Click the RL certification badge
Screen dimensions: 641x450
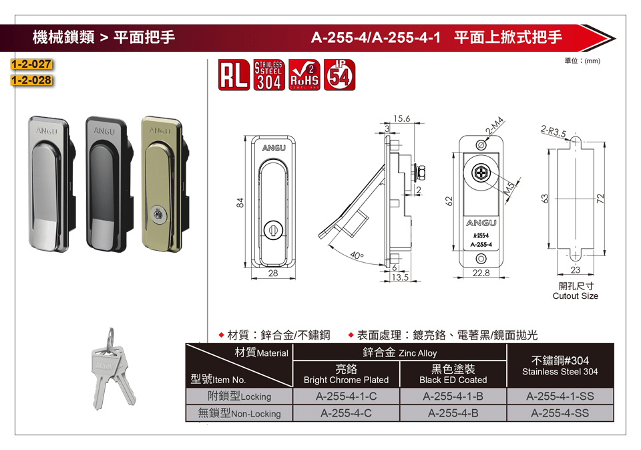click(x=234, y=75)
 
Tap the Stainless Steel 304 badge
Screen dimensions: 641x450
click(x=269, y=75)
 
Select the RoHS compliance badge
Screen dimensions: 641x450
click(x=304, y=75)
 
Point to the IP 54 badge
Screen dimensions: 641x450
click(x=339, y=75)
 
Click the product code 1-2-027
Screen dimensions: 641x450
click(x=31, y=64)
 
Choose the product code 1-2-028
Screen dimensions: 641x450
click(x=31, y=80)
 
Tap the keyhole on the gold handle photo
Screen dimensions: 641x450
click(x=156, y=214)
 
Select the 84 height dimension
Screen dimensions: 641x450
click(x=240, y=203)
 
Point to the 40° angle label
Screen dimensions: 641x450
click(x=357, y=256)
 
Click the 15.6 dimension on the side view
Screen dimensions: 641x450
click(x=401, y=118)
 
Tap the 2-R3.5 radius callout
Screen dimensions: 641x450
click(x=553, y=131)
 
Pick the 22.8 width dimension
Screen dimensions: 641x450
click(x=481, y=273)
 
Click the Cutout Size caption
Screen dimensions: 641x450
click(x=575, y=296)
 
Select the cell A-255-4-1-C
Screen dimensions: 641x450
click(x=347, y=397)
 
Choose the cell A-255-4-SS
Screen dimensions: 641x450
click(x=560, y=413)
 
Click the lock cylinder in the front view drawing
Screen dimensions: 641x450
click(x=273, y=230)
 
